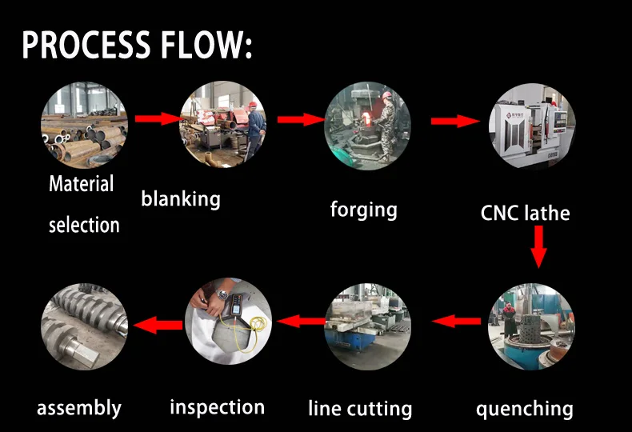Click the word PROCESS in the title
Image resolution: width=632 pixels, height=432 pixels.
coord(86,44)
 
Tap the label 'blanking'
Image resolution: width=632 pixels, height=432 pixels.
coord(181,199)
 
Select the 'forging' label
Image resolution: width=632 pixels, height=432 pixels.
coord(363,210)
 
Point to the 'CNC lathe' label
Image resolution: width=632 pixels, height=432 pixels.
coord(525,213)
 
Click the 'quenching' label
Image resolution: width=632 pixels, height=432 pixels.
coord(524,409)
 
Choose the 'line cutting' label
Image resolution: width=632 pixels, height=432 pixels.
coord(360,408)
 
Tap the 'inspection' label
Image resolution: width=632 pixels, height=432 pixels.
coord(218,407)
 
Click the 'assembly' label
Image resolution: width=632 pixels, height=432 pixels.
coord(79,408)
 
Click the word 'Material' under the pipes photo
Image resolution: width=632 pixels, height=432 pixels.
coord(81,184)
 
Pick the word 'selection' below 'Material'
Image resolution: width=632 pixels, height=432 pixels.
coord(84,225)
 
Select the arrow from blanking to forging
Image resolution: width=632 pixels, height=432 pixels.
coord(301,119)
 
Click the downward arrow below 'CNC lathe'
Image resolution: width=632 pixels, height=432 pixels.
coord(538,246)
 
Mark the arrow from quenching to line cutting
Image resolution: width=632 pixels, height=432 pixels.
coord(456,321)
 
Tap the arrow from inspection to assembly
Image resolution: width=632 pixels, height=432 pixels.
coord(158,325)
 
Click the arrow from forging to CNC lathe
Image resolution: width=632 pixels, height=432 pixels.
coord(455,121)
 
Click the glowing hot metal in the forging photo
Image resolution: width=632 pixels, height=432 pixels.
coord(366,118)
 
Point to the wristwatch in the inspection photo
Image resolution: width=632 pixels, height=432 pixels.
coord(222,294)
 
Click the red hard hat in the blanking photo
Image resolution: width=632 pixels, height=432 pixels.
coord(253,104)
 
